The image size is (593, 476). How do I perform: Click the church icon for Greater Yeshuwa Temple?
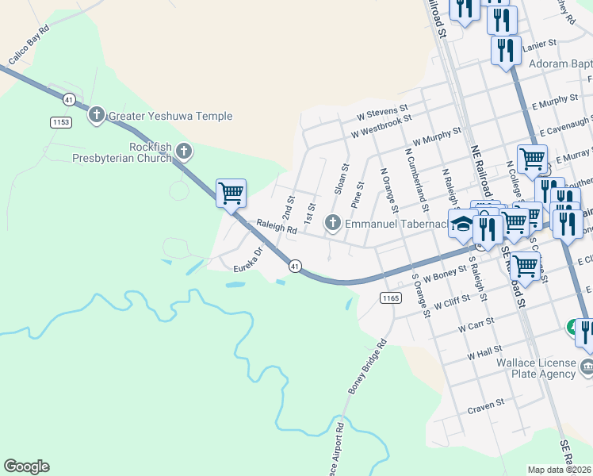pyautogui.click(x=97, y=116)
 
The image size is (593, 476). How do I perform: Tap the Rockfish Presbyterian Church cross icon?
pyautogui.click(x=184, y=151)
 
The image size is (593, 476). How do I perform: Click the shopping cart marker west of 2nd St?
pyautogui.click(x=231, y=193)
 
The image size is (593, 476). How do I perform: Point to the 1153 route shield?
pyautogui.click(x=60, y=121)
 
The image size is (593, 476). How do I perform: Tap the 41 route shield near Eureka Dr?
pyautogui.click(x=294, y=266)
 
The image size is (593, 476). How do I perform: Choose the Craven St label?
pyautogui.click(x=486, y=404)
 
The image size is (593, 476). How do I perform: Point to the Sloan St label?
pyautogui.click(x=342, y=180)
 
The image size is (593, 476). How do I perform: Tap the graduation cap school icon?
pyautogui.click(x=461, y=225)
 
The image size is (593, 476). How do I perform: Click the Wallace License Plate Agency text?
pyautogui.click(x=536, y=368)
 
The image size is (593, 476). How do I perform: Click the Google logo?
pyautogui.click(x=26, y=466)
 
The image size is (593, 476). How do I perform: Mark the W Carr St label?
pyautogui.click(x=476, y=323)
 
